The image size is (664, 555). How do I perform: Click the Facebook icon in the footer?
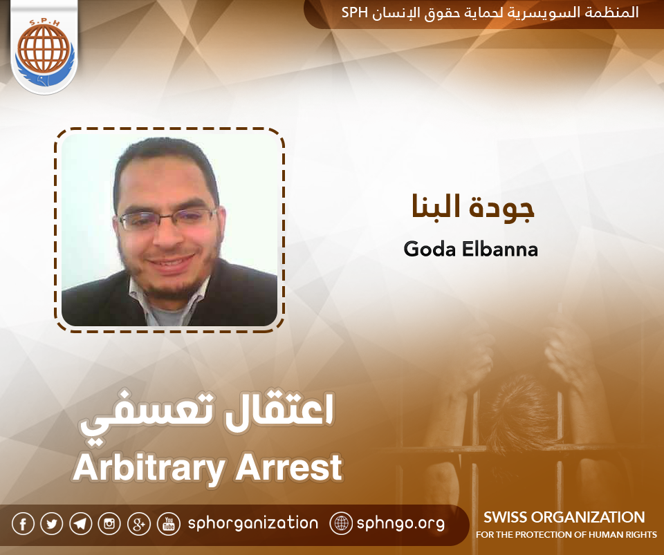coord(23,524)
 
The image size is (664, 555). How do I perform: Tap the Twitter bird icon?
coord(52,524)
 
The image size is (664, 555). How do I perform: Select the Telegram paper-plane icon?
coord(81,524)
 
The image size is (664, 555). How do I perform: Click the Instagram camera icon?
coord(109,524)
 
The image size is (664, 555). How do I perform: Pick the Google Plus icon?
coord(139,524)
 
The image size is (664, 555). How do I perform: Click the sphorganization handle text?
coord(253,523)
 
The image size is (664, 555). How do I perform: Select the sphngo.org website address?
coord(400,523)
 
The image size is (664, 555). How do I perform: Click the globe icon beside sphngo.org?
coord(341,523)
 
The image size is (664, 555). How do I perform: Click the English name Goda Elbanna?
coord(470,249)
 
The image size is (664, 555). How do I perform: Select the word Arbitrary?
coord(148,468)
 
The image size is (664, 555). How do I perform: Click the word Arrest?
coord(288,468)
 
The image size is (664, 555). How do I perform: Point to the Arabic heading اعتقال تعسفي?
coord(207,418)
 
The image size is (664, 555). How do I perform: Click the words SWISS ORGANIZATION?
coord(564,517)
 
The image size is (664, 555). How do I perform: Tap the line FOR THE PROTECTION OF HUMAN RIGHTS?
coord(566,535)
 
